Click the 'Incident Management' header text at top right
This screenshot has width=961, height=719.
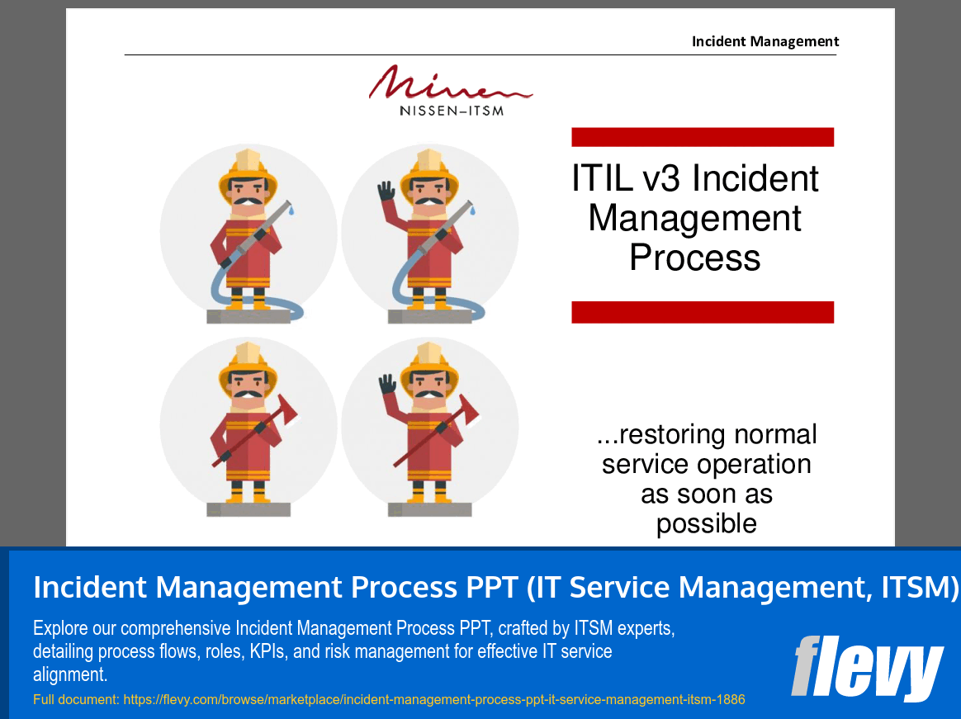(x=765, y=41)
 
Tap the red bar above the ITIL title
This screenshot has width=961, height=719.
(x=703, y=137)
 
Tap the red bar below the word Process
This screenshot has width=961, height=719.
(x=703, y=312)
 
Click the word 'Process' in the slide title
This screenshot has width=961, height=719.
(x=694, y=258)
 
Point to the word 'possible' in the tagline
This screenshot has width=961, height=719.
(x=706, y=523)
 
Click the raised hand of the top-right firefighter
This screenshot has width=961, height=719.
(x=386, y=192)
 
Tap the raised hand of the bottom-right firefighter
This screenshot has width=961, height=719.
(x=386, y=385)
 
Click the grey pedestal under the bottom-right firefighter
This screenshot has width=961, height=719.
(x=430, y=509)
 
